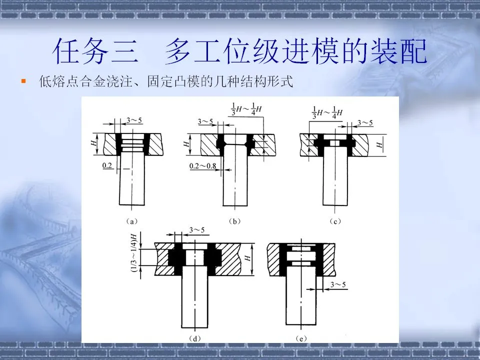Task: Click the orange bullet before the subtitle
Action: (x=23, y=80)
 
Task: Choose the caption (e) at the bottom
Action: (x=300, y=338)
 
